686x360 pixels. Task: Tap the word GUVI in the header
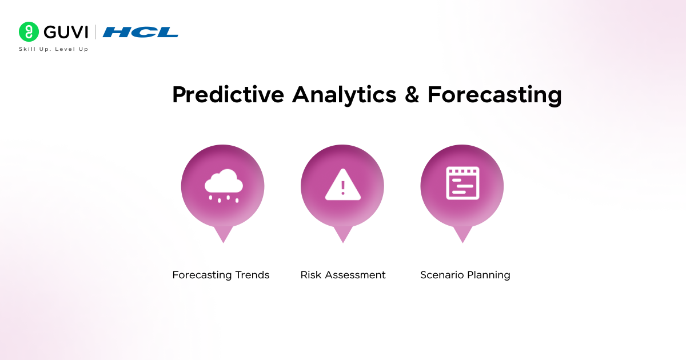point(63,32)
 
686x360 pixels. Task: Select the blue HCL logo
point(140,32)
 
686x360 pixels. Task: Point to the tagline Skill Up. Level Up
point(53,49)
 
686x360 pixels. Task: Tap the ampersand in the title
point(412,95)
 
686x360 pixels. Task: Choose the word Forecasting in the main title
point(494,95)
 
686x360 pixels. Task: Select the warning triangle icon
point(343,185)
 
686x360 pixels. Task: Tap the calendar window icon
point(462,183)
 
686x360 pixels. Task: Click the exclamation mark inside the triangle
point(343,187)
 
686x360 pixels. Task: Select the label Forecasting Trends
point(221,275)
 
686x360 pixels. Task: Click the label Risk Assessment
point(343,275)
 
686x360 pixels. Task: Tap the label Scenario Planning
point(465,275)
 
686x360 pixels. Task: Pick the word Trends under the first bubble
point(252,275)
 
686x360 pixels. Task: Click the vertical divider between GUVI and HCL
point(95,32)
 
